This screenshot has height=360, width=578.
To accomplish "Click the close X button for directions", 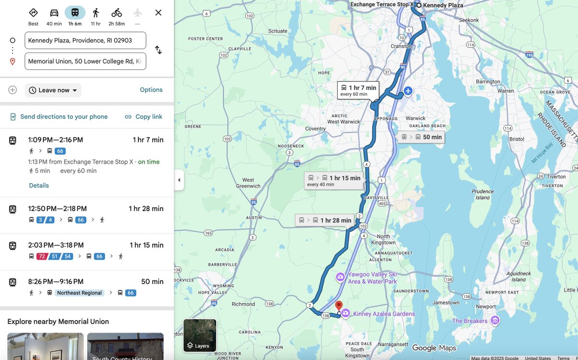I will [x=158, y=13].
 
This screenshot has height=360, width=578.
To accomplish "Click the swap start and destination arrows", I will [x=158, y=50].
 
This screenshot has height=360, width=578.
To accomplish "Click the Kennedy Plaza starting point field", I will [x=85, y=40].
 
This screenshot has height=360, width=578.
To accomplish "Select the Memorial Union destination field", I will [x=85, y=61].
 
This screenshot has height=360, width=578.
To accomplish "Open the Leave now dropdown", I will [x=53, y=90].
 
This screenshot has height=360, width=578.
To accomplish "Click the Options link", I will [x=151, y=90].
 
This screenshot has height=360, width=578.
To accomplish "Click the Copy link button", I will [x=144, y=117].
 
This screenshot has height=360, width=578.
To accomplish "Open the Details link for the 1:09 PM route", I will [x=39, y=186].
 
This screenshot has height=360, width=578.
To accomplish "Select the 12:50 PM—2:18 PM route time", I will [x=57, y=209].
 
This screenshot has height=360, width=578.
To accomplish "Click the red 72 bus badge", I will [x=42, y=256].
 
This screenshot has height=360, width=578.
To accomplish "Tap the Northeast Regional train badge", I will [x=79, y=293].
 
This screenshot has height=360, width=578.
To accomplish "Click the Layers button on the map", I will [x=199, y=335].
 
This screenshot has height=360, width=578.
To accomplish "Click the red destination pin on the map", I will [x=339, y=306].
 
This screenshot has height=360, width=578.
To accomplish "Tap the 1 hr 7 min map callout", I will [x=358, y=90].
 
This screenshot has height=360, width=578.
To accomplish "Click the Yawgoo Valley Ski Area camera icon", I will [x=340, y=277].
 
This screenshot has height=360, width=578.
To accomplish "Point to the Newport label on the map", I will [x=485, y=307].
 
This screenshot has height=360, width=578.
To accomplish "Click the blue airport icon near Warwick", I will [x=408, y=91].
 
